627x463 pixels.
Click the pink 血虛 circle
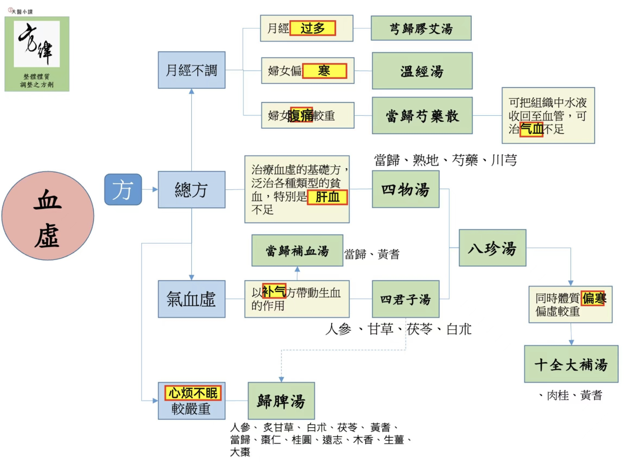(48, 215)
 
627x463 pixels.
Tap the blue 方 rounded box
(123, 189)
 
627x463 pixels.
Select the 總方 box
(191, 189)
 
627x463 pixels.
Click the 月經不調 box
(191, 70)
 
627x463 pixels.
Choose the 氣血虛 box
(191, 299)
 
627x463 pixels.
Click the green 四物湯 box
(405, 189)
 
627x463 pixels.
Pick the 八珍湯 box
(493, 248)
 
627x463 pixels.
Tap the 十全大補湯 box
(571, 364)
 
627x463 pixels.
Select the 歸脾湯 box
(281, 401)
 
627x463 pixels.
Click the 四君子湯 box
(405, 299)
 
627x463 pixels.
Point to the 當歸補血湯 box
(297, 250)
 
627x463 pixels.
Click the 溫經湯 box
(422, 71)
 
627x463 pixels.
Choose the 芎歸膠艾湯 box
(421, 28)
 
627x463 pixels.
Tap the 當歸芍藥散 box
(422, 115)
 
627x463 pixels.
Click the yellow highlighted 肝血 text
(327, 197)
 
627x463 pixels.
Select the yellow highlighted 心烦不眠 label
(193, 393)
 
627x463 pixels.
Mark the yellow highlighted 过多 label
(313, 28)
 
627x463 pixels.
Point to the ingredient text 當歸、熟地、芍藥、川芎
(446, 160)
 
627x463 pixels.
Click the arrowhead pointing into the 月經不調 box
(191, 91)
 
